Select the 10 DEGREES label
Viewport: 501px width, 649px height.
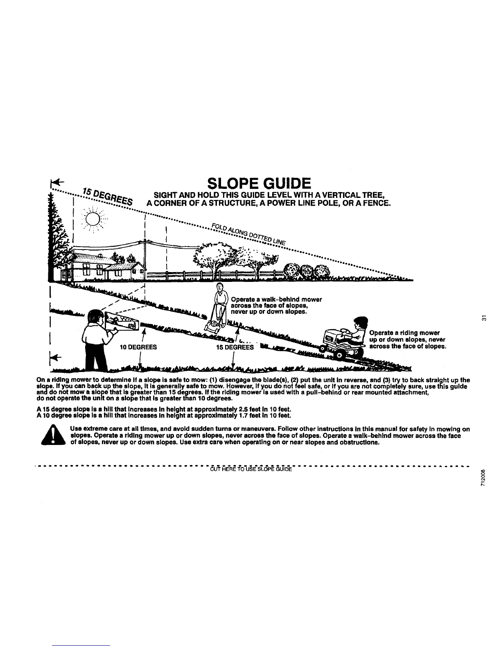click(138, 347)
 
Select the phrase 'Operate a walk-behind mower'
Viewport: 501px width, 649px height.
click(276, 300)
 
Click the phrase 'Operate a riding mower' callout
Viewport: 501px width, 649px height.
click(404, 333)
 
